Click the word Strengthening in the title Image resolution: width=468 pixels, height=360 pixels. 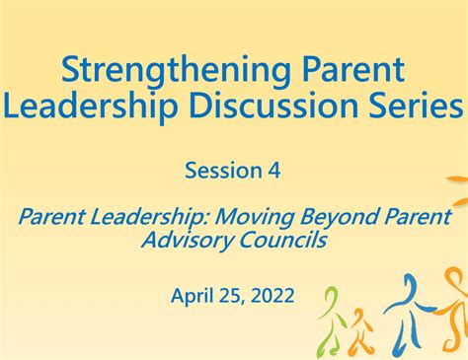pos(176,71)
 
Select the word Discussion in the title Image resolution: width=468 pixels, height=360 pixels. pos(273,106)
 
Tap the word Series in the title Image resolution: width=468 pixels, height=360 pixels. pos(416,106)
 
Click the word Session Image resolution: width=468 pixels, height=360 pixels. pos(223,171)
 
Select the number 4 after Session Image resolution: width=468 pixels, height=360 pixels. pos(274,171)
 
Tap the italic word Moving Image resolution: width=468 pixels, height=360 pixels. pos(254,217)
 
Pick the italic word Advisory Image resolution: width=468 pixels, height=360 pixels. pos(188,241)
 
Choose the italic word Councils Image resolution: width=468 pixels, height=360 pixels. pos(283,240)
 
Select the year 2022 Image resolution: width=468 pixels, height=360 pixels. pos(273,295)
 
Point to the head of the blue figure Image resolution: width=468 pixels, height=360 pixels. pos(411,285)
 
